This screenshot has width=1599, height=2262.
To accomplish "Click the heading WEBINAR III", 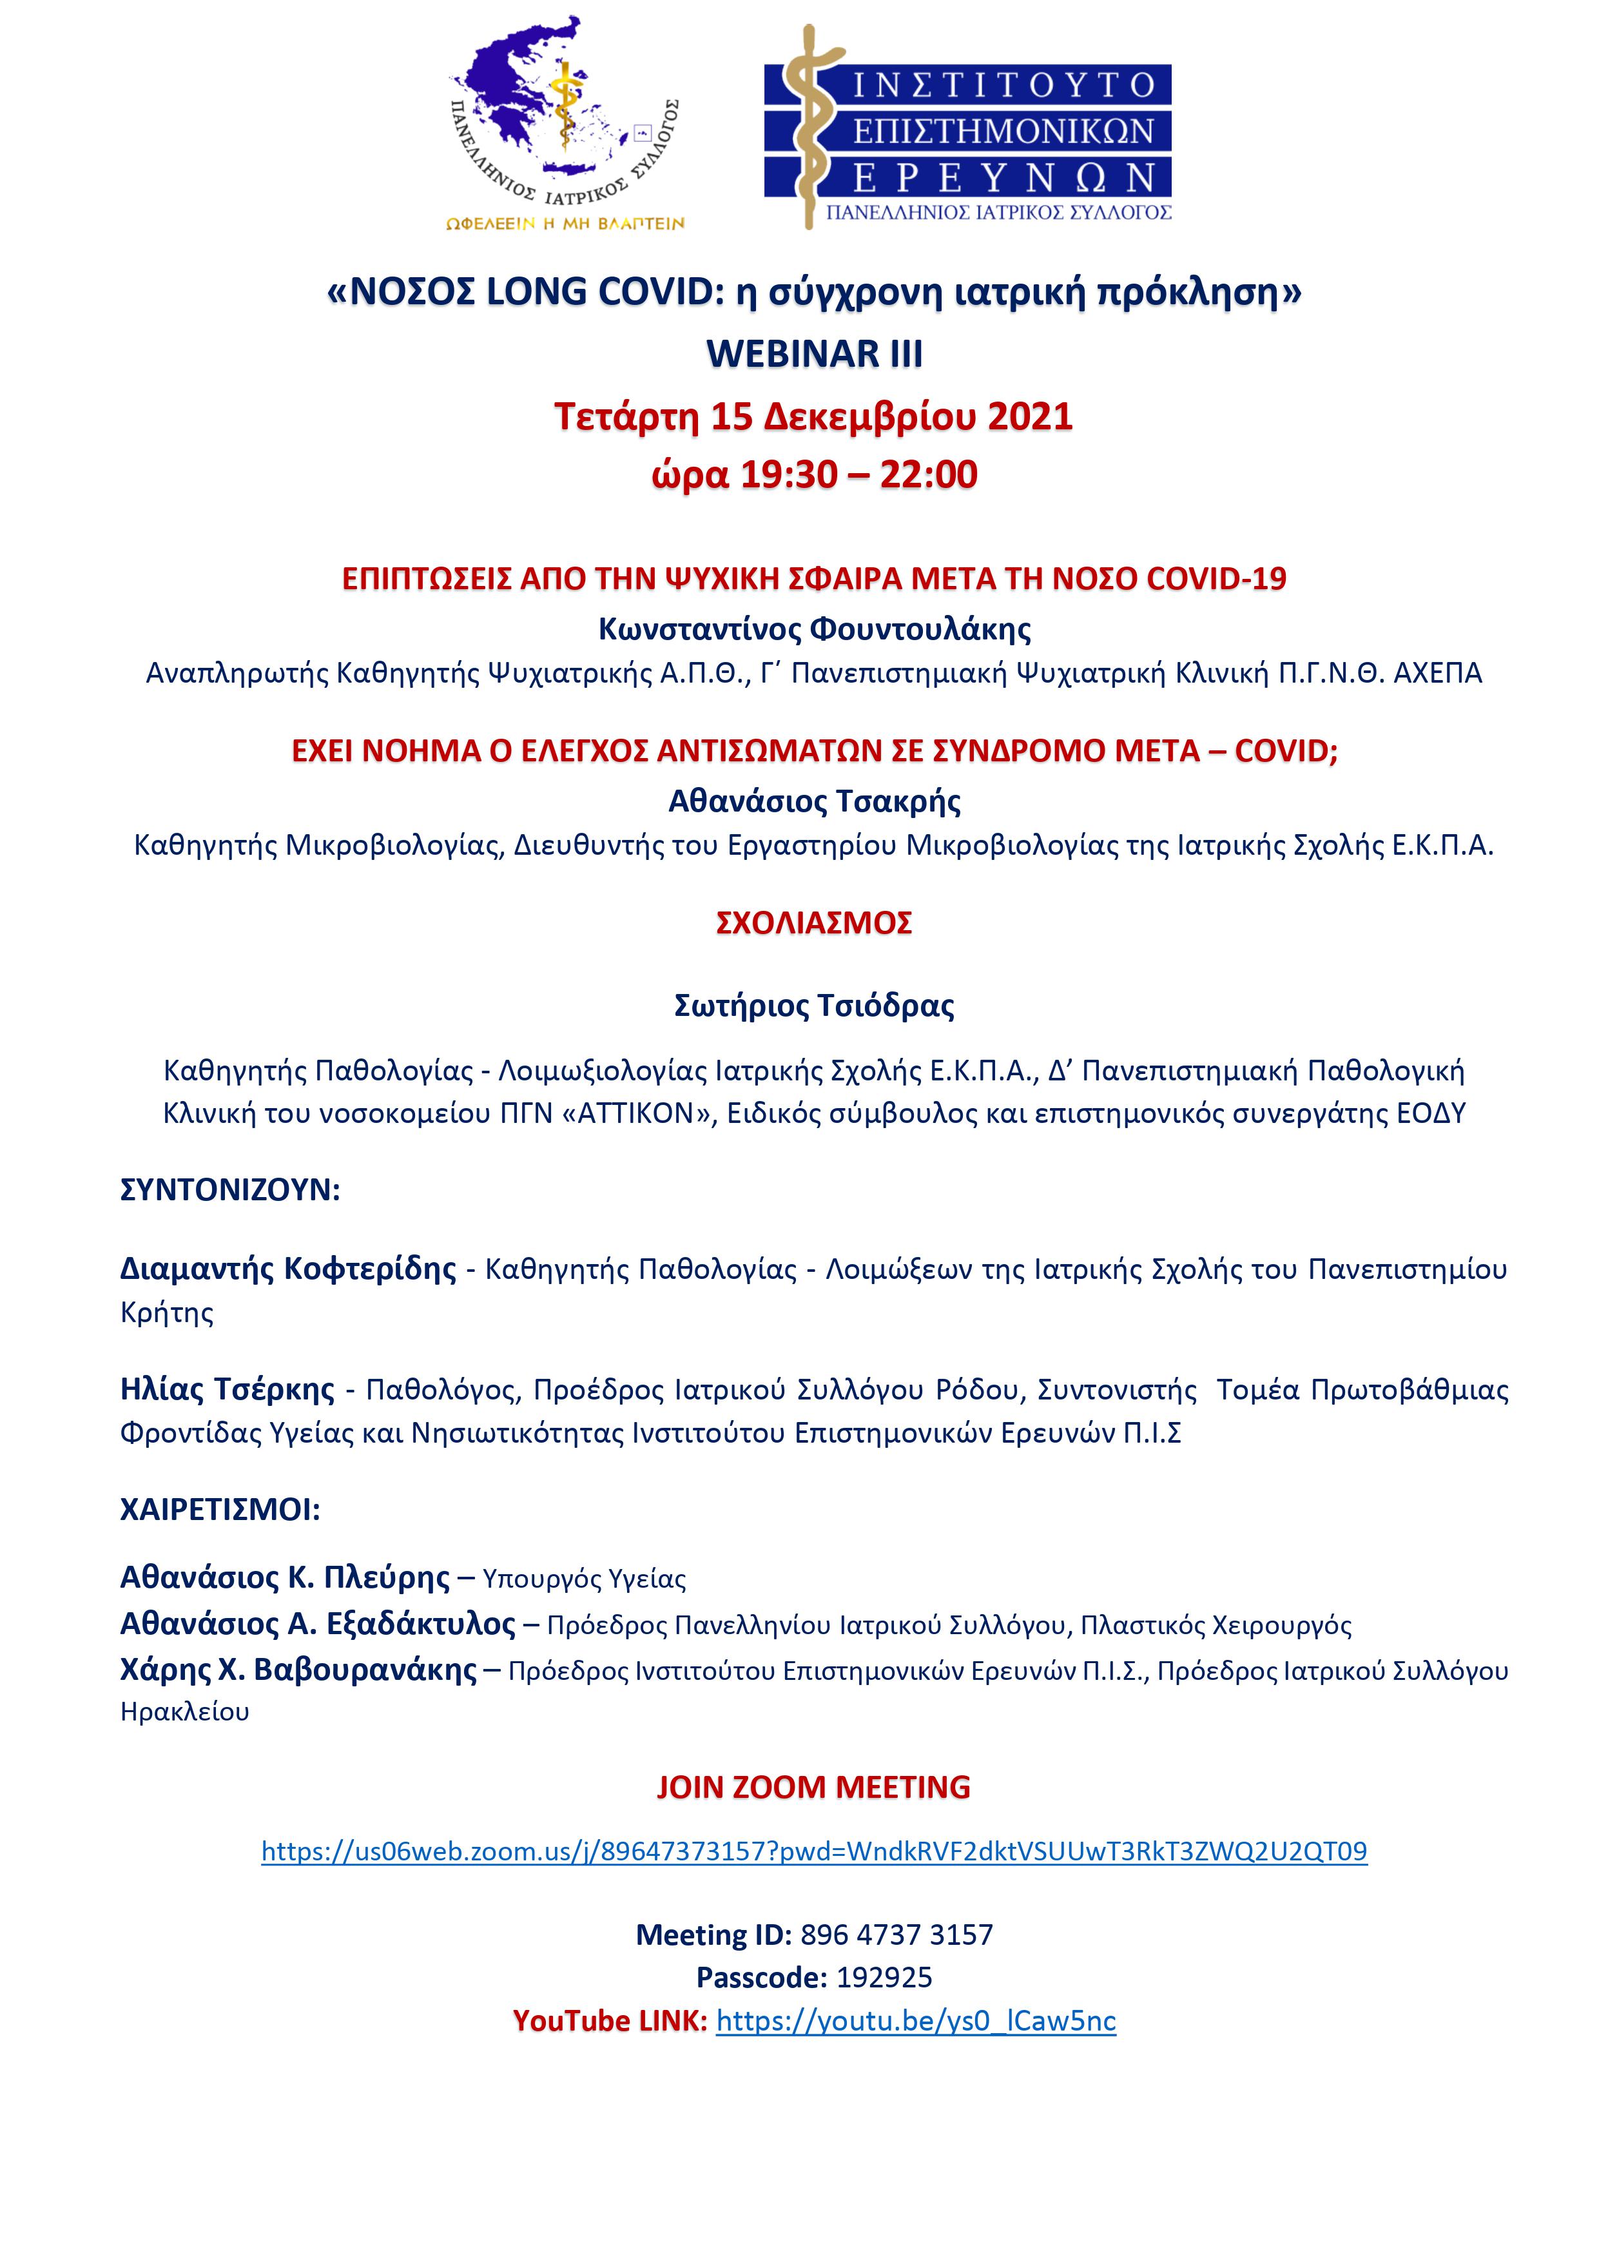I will click(814, 354).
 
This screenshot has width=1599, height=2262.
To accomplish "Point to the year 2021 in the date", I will click(1029, 416).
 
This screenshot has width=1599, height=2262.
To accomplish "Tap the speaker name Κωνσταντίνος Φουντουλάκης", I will click(814, 629).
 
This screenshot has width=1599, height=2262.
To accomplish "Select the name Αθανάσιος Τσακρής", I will click(814, 801).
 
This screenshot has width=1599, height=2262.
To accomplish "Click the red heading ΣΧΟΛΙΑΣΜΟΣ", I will click(814, 923).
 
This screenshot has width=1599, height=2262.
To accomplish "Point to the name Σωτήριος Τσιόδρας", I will click(814, 1006).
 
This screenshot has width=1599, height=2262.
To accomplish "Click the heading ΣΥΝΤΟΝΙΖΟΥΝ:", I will click(229, 1190).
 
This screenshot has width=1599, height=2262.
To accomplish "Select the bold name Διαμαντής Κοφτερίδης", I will click(287, 1268).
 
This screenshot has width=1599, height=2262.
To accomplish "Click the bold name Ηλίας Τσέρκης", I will click(227, 1389).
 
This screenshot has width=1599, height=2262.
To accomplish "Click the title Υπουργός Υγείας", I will click(584, 1578).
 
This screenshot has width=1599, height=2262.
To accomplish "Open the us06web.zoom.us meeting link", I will click(814, 1851).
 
